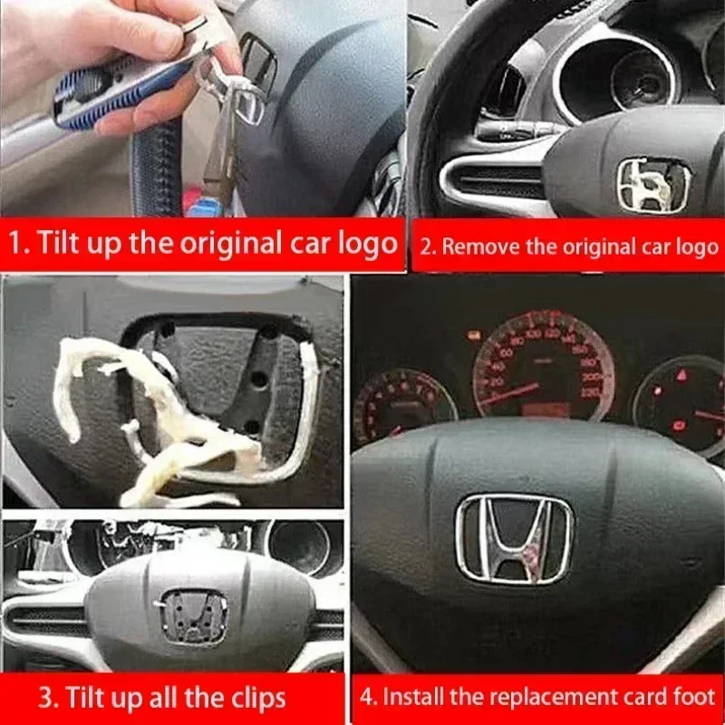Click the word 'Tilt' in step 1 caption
[x=58, y=242]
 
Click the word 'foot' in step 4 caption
[x=696, y=696]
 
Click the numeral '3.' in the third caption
[x=49, y=697]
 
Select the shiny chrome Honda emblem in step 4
[x=515, y=538]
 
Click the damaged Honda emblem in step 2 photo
[x=653, y=185]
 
